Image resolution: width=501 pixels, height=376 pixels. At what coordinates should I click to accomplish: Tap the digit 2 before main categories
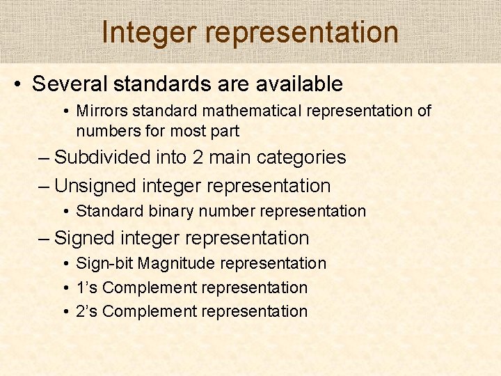click(x=198, y=157)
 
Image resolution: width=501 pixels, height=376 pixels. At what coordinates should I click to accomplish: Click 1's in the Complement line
click(x=87, y=288)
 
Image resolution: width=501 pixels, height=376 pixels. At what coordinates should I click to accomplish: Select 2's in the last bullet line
click(x=87, y=311)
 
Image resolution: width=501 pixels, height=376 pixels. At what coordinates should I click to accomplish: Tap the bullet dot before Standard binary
click(x=65, y=211)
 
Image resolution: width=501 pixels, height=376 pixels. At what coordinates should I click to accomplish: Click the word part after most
click(x=224, y=132)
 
